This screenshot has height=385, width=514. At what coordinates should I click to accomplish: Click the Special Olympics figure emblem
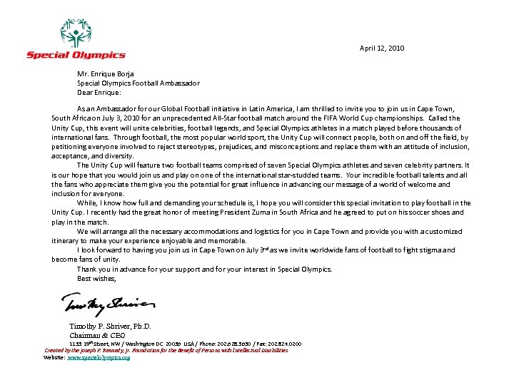pos(75,33)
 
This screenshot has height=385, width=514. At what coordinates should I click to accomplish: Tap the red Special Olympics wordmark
pos(76,55)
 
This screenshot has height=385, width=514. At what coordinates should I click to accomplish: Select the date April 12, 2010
pos(382,48)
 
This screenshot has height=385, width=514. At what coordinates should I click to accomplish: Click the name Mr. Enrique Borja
pos(106,74)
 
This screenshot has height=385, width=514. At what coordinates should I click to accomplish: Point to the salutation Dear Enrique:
pos(99,92)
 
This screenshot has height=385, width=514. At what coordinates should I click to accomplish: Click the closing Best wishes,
pos(96,279)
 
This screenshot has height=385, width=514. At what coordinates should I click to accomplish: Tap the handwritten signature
pos(108,305)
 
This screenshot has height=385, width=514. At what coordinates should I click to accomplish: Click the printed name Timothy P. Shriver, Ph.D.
pos(110,327)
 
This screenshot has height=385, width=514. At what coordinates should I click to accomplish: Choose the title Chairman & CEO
pos(97,335)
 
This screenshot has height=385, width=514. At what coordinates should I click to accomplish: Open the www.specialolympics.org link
pos(99,357)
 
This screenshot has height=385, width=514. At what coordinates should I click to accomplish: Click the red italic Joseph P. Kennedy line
pos(166,351)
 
